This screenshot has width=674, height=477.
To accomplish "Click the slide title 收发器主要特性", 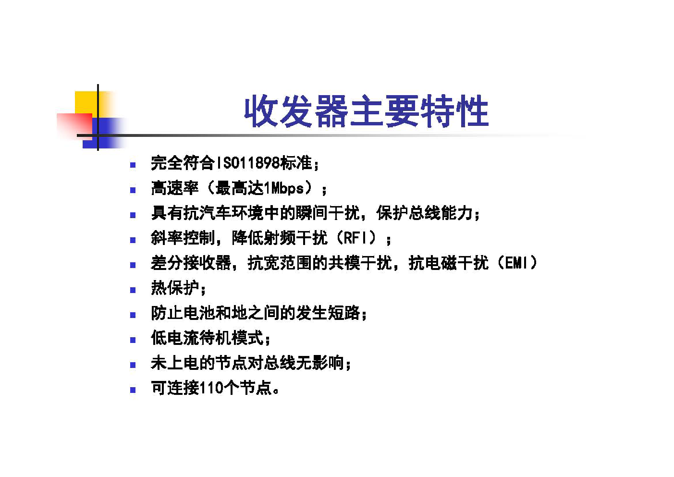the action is (x=366, y=111).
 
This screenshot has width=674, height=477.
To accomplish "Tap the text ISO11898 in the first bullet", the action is (x=248, y=163).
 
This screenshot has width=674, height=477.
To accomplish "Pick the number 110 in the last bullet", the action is (x=211, y=388).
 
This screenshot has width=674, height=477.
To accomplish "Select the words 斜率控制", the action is (x=183, y=238).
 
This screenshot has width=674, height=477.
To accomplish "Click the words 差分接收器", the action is (x=191, y=263).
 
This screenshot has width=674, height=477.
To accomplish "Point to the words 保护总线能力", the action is (x=424, y=213).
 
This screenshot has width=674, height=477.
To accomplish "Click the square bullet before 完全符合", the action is (x=133, y=165).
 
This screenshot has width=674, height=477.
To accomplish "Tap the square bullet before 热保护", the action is (x=133, y=290).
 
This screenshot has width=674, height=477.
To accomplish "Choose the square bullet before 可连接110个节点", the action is (x=133, y=390).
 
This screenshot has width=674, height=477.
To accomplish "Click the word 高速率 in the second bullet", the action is (x=175, y=188).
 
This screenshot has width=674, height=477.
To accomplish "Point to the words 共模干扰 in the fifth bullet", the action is (x=360, y=263).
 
